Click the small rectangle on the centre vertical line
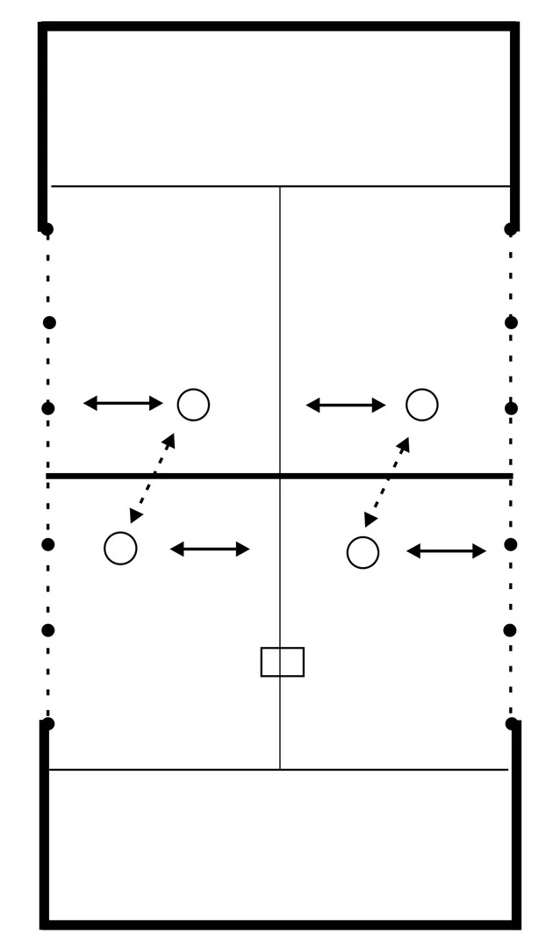[x=283, y=662]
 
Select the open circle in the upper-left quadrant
[x=193, y=405]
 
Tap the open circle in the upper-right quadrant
[x=422, y=405]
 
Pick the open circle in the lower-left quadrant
[x=120, y=548]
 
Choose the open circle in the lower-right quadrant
[x=363, y=552]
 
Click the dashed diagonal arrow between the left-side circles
[x=153, y=478]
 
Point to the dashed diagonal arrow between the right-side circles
[x=387, y=482]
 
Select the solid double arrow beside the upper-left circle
[x=123, y=403]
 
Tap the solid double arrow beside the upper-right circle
[x=346, y=405]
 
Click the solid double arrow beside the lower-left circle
[x=210, y=549]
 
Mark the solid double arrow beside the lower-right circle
[x=446, y=551]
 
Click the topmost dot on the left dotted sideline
[x=47, y=230]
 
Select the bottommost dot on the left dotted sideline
[x=47, y=723]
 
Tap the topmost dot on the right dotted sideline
[x=511, y=230]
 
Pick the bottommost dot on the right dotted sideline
[x=512, y=723]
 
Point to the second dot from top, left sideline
[x=49, y=322]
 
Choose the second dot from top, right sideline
[x=512, y=322]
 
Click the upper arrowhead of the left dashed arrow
[x=170, y=439]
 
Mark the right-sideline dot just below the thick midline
[x=511, y=544]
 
